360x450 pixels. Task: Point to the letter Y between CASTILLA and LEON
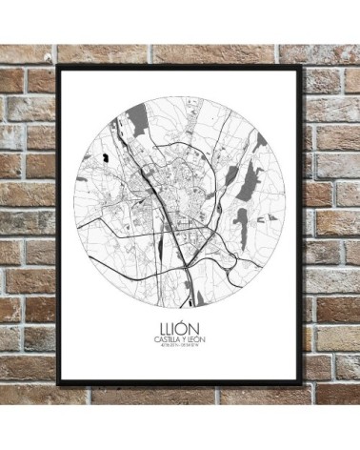pyautogui.click(x=185, y=335)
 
